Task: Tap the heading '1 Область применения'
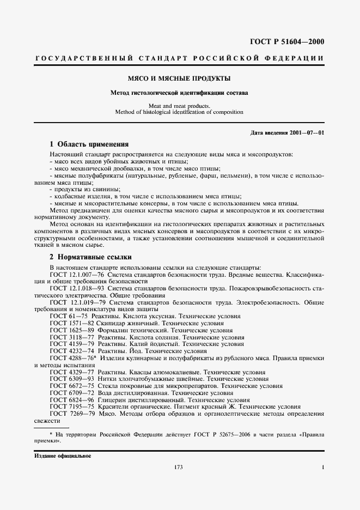(x=89, y=144)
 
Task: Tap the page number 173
(x=178, y=467)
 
